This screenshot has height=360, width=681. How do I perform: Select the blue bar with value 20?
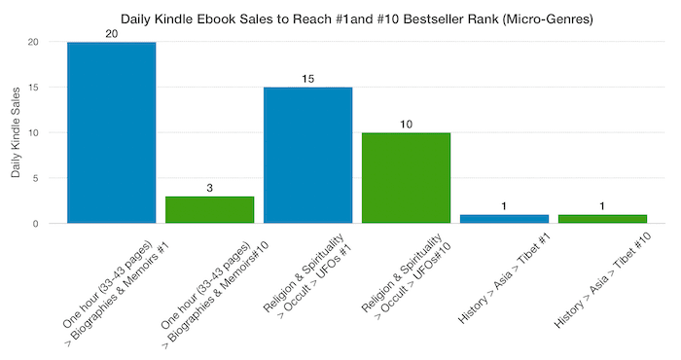tap(111, 132)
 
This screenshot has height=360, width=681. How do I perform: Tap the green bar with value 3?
tap(209, 209)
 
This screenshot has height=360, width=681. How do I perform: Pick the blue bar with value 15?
tap(307, 155)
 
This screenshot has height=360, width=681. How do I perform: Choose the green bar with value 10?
tap(406, 177)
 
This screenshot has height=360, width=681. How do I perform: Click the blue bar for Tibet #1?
tap(504, 219)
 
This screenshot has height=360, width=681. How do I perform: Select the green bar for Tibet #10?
tap(602, 219)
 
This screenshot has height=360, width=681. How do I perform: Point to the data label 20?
tap(111, 33)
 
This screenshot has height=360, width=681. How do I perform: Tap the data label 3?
tap(209, 187)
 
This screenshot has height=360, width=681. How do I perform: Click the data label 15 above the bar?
tap(307, 78)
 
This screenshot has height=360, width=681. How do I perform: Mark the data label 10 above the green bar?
tap(406, 124)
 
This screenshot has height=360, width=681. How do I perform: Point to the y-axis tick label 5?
tap(36, 178)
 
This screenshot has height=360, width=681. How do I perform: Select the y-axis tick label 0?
tap(36, 224)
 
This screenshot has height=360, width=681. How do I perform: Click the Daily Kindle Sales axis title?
tap(16, 133)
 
